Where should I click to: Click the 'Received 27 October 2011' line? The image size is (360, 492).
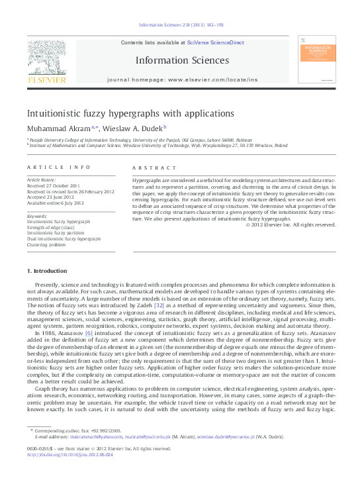click(x=52, y=186)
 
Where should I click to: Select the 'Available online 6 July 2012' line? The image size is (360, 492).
click(x=58, y=203)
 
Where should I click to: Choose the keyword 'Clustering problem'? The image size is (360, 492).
click(x=46, y=244)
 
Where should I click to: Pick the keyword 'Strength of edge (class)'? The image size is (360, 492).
click(x=51, y=227)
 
